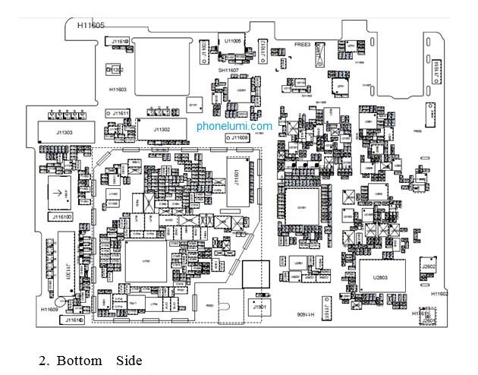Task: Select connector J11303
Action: [x=64, y=132]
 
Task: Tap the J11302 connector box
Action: [x=161, y=130]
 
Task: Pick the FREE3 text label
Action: [x=303, y=45]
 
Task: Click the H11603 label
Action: [x=118, y=90]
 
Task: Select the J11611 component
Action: [x=118, y=113]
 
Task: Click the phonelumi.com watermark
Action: [x=234, y=126]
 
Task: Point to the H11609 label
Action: [x=49, y=310]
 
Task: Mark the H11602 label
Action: [x=439, y=293]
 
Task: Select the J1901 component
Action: [x=260, y=306]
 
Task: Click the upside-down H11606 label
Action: [x=302, y=313]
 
